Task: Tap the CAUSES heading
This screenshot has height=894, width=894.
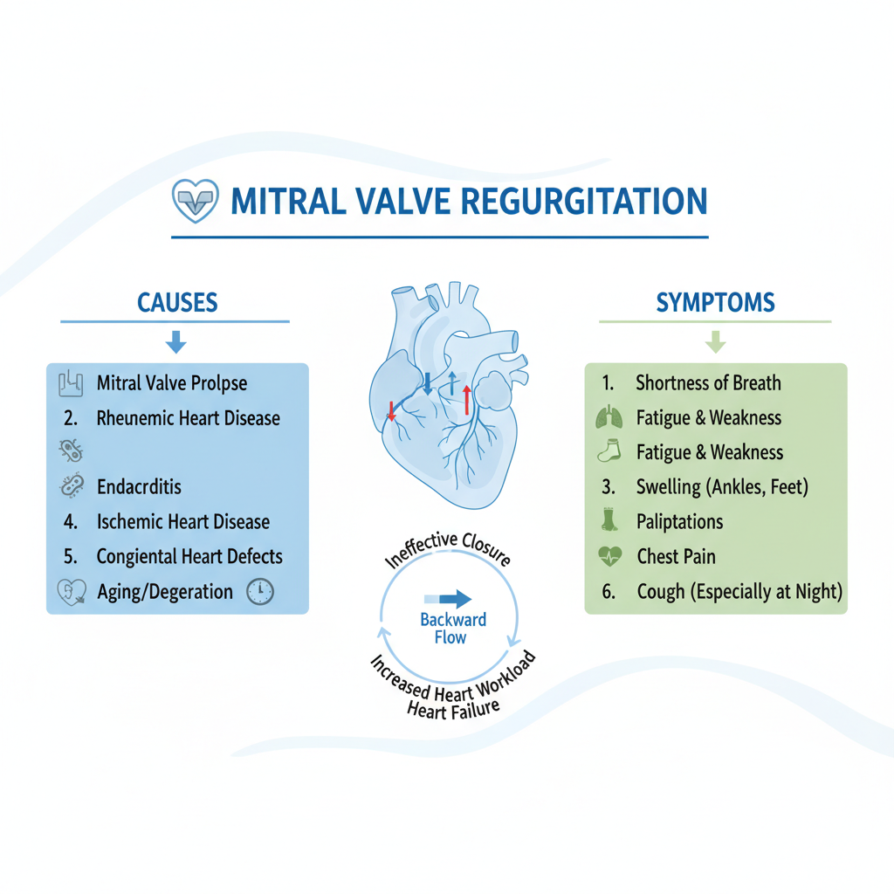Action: (x=177, y=303)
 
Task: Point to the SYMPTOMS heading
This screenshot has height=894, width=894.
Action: (x=715, y=302)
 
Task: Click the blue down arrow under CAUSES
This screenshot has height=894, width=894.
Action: (x=176, y=341)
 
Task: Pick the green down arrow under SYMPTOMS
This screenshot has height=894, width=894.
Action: (x=715, y=341)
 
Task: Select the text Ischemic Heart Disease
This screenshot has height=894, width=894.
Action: (x=183, y=522)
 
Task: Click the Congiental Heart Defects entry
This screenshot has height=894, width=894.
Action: (x=189, y=556)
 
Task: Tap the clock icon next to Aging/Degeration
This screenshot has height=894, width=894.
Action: (x=260, y=591)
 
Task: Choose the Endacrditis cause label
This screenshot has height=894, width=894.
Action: (x=140, y=487)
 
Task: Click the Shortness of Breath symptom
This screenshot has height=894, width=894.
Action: (x=708, y=382)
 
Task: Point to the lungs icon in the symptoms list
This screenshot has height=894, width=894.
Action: (x=609, y=417)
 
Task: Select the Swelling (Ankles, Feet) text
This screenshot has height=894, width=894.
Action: (x=721, y=486)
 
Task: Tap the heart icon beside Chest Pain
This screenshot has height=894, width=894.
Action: (x=609, y=556)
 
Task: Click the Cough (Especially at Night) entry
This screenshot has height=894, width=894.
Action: (x=739, y=591)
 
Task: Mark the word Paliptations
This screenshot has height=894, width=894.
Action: (x=680, y=522)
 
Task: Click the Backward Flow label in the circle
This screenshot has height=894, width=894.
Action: (x=453, y=629)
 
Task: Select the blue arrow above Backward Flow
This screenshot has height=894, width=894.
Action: (x=449, y=599)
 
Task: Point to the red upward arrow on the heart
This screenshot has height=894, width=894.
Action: (x=467, y=398)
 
